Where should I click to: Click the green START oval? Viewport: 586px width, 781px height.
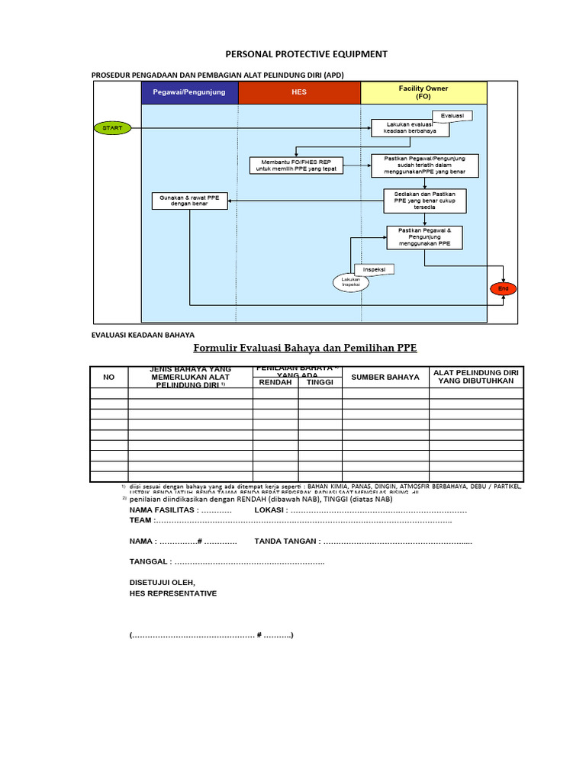coord(112,128)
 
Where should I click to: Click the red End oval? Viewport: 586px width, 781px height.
coord(503,288)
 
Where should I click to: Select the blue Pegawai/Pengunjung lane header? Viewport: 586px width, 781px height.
coord(189,93)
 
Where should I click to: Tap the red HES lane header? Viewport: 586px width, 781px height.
coord(299,93)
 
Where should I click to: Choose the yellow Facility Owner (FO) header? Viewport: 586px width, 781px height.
coord(423,93)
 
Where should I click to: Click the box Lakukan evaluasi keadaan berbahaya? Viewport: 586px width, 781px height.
coord(411,127)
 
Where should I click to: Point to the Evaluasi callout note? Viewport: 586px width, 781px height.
coord(452,116)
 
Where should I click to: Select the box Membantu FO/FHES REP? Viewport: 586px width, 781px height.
coord(298,165)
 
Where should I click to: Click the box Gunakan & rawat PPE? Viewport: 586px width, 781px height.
coord(189,201)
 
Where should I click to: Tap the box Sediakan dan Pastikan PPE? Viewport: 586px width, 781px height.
coord(423,201)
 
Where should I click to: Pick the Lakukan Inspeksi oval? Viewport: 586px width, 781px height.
coord(351,282)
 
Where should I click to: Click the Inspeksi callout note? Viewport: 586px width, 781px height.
coord(373,269)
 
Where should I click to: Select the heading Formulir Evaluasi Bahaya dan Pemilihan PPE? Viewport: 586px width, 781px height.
coord(305,349)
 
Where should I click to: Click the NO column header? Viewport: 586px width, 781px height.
coord(108,377)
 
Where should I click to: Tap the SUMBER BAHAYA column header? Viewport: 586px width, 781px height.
coord(385,377)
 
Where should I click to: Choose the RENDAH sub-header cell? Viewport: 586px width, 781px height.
coord(275,383)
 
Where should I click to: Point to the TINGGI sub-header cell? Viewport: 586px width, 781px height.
coord(320,383)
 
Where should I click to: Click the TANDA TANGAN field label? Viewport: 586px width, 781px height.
coord(286,541)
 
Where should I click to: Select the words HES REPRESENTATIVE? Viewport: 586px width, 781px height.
coord(173,593)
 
